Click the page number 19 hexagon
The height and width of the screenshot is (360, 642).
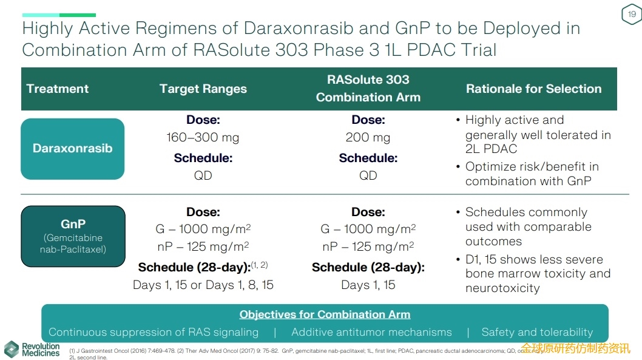632,15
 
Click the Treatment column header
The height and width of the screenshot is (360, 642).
58,89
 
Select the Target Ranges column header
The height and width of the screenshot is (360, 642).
203,89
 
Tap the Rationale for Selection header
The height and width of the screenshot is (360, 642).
533,89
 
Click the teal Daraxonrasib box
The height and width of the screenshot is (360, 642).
73,149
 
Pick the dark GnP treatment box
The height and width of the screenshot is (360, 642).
73,236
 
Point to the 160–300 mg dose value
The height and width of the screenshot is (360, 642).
203,138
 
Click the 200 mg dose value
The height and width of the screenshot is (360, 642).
368,138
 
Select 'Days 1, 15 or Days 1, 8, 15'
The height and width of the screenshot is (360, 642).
203,285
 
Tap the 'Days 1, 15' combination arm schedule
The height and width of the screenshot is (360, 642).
368,285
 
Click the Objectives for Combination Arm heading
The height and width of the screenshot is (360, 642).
325,314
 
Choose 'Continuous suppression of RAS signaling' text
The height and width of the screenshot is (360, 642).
154,332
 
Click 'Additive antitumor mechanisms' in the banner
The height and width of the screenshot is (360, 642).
371,332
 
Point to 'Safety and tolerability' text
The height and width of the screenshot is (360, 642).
537,332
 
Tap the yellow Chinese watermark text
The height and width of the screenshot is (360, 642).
575,348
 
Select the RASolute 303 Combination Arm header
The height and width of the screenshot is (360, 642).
368,89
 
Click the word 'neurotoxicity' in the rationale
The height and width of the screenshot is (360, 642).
502,288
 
